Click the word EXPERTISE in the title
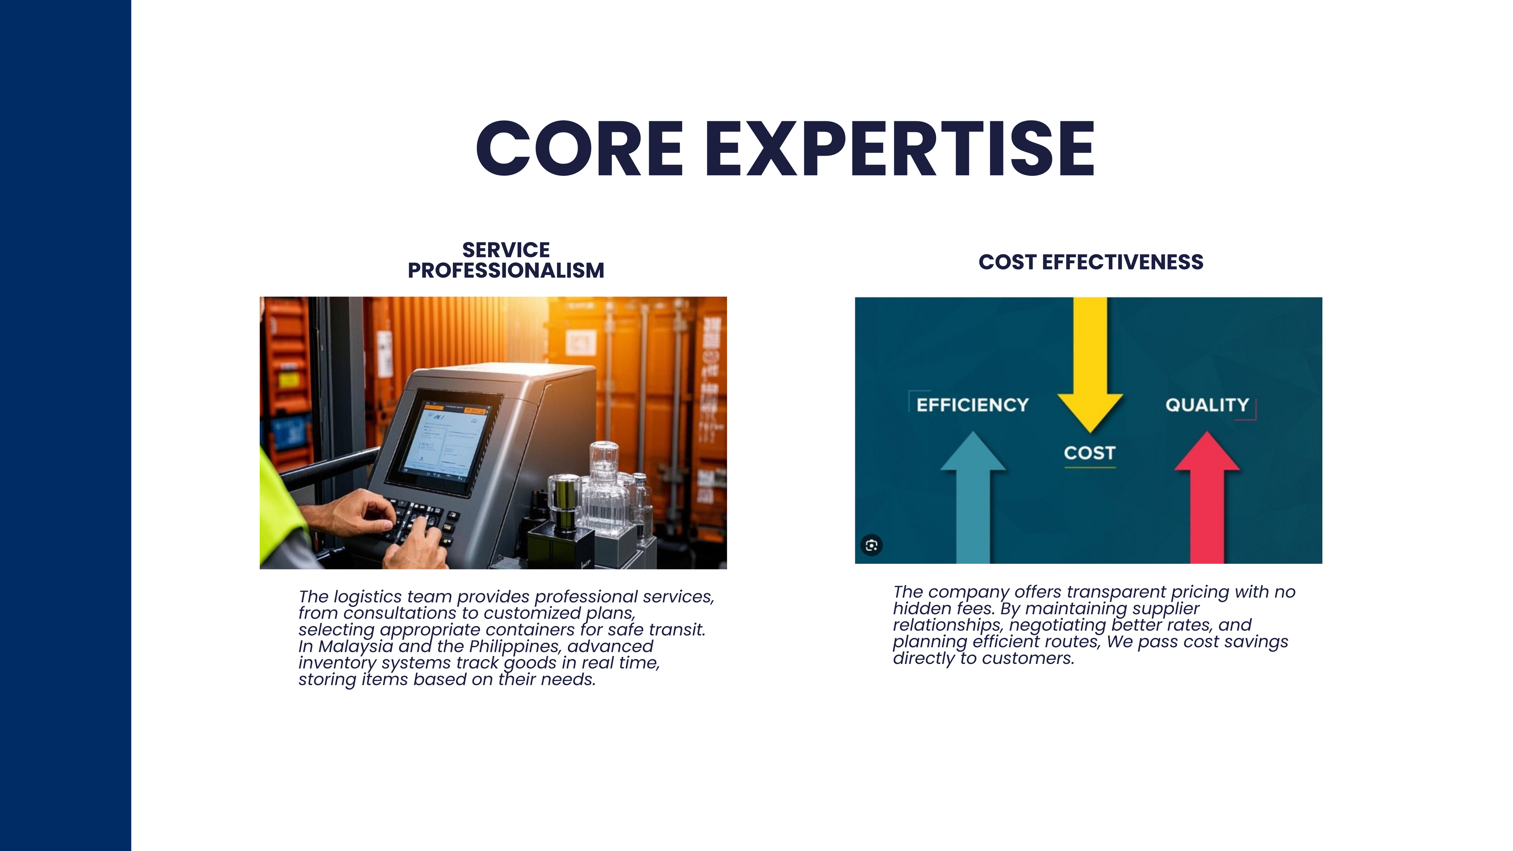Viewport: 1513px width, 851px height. click(899, 148)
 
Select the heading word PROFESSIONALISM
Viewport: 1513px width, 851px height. click(506, 271)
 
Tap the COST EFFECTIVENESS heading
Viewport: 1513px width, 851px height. click(1091, 262)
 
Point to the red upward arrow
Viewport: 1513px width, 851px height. click(1207, 498)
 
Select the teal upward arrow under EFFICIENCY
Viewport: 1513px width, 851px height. click(973, 498)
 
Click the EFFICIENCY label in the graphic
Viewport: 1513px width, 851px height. click(973, 405)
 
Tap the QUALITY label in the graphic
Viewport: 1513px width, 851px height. click(1207, 405)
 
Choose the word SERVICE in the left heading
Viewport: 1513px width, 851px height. click(506, 250)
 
